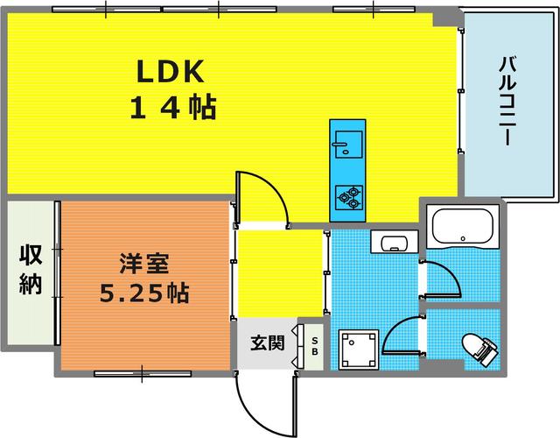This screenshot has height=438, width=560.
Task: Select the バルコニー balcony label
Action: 507,103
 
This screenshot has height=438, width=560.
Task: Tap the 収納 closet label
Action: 31,271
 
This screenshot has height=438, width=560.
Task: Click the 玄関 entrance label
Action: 269,343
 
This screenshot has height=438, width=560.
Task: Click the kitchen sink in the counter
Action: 347,143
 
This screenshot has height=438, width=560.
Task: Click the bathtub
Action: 465,230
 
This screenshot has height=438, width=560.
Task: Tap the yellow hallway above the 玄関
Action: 280,272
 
